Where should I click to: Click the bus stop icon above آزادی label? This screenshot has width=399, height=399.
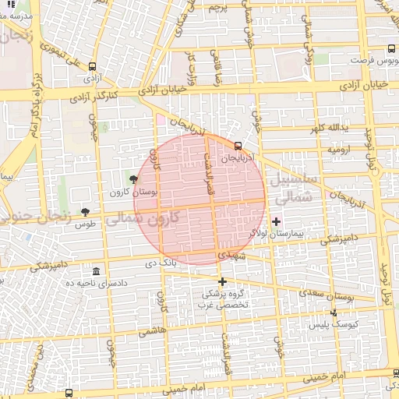click(94, 67)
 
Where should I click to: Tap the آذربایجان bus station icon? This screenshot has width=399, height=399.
click(238, 145)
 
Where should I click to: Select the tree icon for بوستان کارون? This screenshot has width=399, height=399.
click(134, 179)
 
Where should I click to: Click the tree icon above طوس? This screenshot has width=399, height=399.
click(85, 212)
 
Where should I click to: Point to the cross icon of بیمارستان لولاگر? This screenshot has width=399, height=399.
click(276, 221)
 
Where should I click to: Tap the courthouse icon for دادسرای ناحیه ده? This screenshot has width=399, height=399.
click(96, 271)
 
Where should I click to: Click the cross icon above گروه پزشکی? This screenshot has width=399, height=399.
click(223, 281)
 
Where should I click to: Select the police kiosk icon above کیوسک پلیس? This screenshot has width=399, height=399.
click(334, 312)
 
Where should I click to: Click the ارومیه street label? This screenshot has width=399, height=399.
click(341, 148)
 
